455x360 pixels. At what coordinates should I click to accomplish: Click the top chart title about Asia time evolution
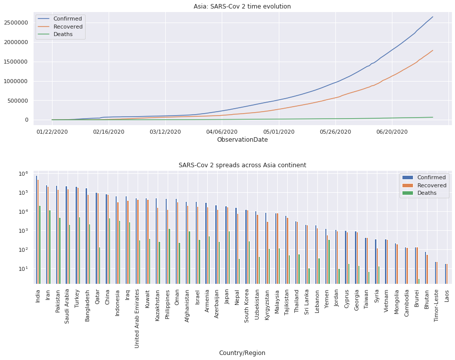coord(242,7)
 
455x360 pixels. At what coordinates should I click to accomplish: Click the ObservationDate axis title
coord(242,140)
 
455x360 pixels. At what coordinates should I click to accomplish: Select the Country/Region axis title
coord(242,353)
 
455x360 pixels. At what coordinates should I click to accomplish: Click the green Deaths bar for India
coord(40,244)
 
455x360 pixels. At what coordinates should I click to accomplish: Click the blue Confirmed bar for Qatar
coord(96,238)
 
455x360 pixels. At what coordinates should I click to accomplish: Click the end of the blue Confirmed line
coord(432,17)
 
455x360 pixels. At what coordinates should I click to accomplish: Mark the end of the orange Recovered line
coord(432,50)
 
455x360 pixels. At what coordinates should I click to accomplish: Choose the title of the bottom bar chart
coord(242,165)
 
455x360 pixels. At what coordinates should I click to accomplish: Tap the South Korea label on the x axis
coord(247,302)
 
